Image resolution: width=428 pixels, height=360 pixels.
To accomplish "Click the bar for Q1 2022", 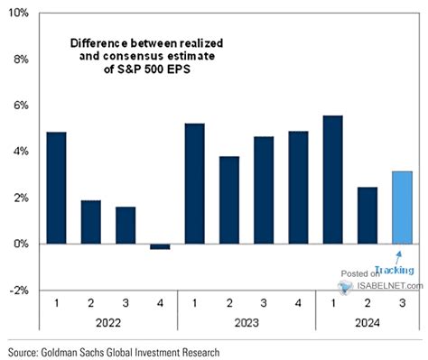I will [55, 188].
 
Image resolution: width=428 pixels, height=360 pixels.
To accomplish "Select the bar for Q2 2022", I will [90, 222].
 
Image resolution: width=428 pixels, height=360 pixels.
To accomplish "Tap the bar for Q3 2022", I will [126, 226].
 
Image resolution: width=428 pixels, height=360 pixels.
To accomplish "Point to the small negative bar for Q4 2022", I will [160, 246].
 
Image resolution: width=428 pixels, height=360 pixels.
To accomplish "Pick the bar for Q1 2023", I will [195, 184].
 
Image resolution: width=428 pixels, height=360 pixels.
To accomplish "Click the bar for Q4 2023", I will [299, 188].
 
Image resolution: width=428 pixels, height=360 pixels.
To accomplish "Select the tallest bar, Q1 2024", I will [333, 180].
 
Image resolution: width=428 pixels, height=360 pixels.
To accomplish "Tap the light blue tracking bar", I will [403, 208].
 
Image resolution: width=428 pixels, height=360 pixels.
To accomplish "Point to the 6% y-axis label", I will [21, 106].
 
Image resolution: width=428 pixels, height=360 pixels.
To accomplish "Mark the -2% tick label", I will [20, 291].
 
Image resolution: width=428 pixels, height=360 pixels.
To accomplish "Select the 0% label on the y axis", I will [21, 245].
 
